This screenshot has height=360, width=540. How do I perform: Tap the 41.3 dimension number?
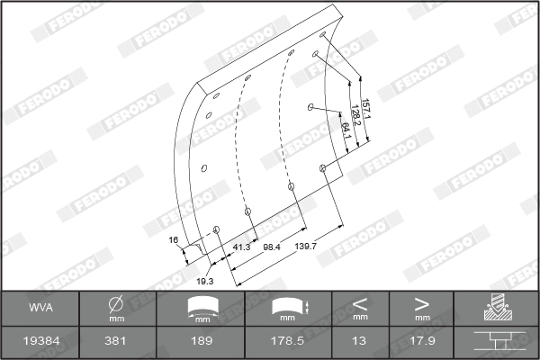point(242,246)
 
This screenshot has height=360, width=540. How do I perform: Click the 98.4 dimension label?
point(272,246)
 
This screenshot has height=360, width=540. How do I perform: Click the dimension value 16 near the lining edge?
point(175,240)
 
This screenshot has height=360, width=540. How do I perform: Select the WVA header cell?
point(40,308)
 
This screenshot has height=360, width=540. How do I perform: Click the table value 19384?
point(40,342)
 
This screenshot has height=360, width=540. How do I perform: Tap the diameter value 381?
point(116,342)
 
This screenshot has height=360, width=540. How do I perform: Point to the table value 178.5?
point(287,342)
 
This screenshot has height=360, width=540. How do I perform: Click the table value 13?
point(360,342)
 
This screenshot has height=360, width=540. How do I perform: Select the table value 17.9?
point(421,342)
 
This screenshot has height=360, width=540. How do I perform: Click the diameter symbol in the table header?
point(116,304)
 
